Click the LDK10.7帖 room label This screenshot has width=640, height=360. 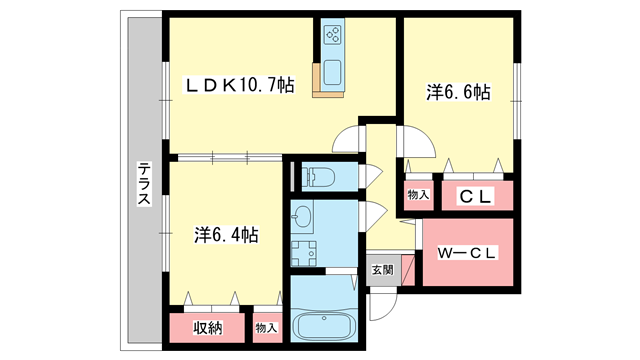click(x=240, y=85)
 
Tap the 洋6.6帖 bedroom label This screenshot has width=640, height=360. click(x=458, y=92)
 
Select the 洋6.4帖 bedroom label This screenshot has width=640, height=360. click(x=226, y=235)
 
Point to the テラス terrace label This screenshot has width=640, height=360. click(x=144, y=183)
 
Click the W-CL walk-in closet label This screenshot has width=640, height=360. click(x=467, y=253)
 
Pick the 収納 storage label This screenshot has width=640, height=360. click(x=208, y=328)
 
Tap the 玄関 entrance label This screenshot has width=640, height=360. click(x=382, y=270)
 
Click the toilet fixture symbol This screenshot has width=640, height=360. click(x=318, y=177)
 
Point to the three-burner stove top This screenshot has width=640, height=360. click(x=332, y=34)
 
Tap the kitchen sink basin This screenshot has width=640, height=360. click(x=332, y=73)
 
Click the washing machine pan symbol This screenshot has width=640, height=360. click(x=304, y=253)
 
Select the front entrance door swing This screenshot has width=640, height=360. click(x=383, y=305)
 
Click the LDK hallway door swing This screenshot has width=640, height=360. click(x=349, y=139)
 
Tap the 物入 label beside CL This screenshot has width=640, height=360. click(x=418, y=195)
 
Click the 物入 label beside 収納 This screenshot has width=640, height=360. click(x=267, y=328)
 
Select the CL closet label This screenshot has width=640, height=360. click(x=475, y=197)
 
